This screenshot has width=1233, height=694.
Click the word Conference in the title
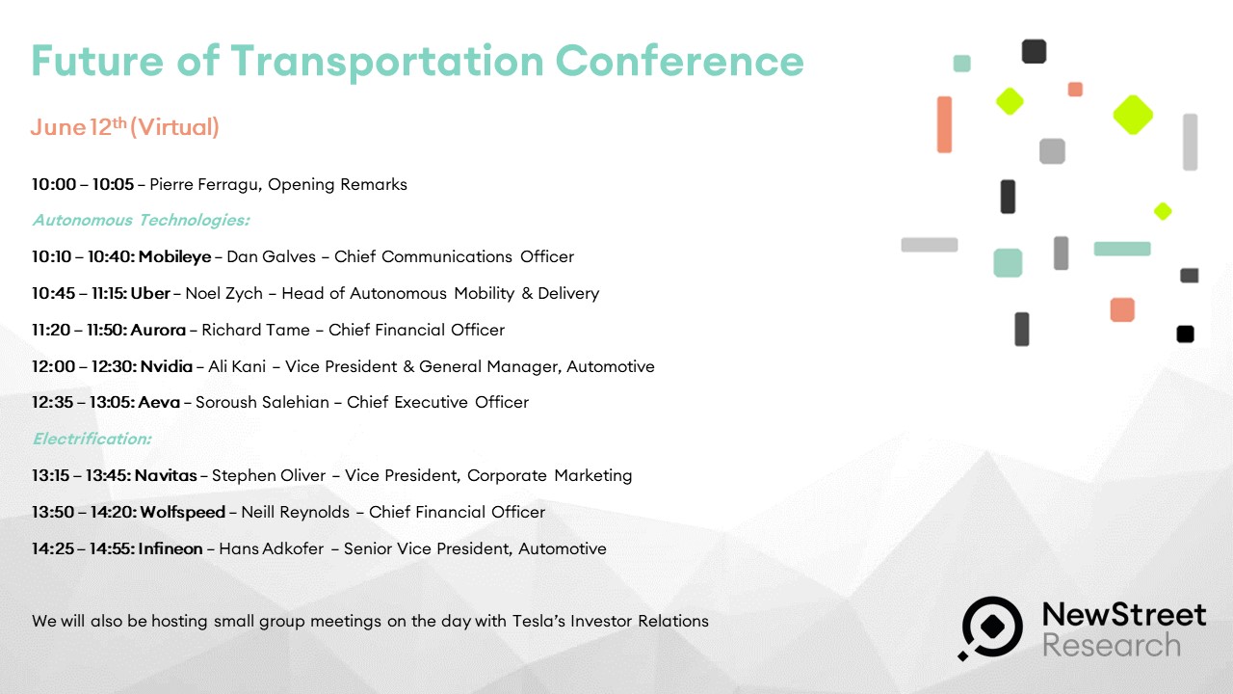(x=680, y=61)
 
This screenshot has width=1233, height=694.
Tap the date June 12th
(x=79, y=127)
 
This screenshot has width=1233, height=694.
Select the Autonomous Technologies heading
(x=141, y=221)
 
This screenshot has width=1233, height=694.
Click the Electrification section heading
(x=92, y=439)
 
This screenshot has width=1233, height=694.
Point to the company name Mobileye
(x=174, y=256)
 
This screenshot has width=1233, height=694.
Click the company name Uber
(x=150, y=293)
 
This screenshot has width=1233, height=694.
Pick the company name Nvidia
(x=167, y=366)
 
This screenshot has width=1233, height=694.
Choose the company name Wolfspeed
(x=183, y=512)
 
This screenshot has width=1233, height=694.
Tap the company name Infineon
(x=171, y=548)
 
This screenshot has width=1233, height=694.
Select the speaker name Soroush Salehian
(x=262, y=402)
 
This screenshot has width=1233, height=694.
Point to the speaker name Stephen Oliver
(x=269, y=475)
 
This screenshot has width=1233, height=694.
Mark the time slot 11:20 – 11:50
(x=79, y=330)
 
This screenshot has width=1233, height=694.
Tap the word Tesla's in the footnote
(x=538, y=621)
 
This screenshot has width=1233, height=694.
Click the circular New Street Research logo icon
(x=992, y=627)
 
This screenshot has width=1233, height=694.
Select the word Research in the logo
(x=1112, y=645)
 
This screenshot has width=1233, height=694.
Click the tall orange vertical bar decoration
(x=944, y=124)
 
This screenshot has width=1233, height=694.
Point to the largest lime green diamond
(x=1133, y=115)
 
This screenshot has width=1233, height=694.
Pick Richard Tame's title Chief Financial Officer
(x=416, y=330)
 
